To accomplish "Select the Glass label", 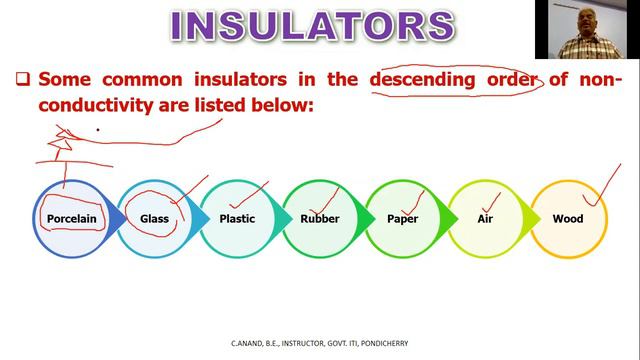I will pos(154,218).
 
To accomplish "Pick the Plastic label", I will pos(237,218).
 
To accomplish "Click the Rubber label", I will pos(320,218).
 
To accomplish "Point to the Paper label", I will pos(402,218).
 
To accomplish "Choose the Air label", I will pos(486,218).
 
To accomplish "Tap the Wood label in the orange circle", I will pos(568,218).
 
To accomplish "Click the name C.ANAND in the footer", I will pos(249,343).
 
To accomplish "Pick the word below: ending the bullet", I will pos(282,102).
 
